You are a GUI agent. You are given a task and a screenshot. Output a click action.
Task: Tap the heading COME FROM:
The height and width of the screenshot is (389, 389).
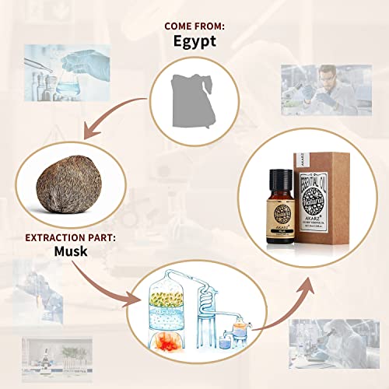194,26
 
